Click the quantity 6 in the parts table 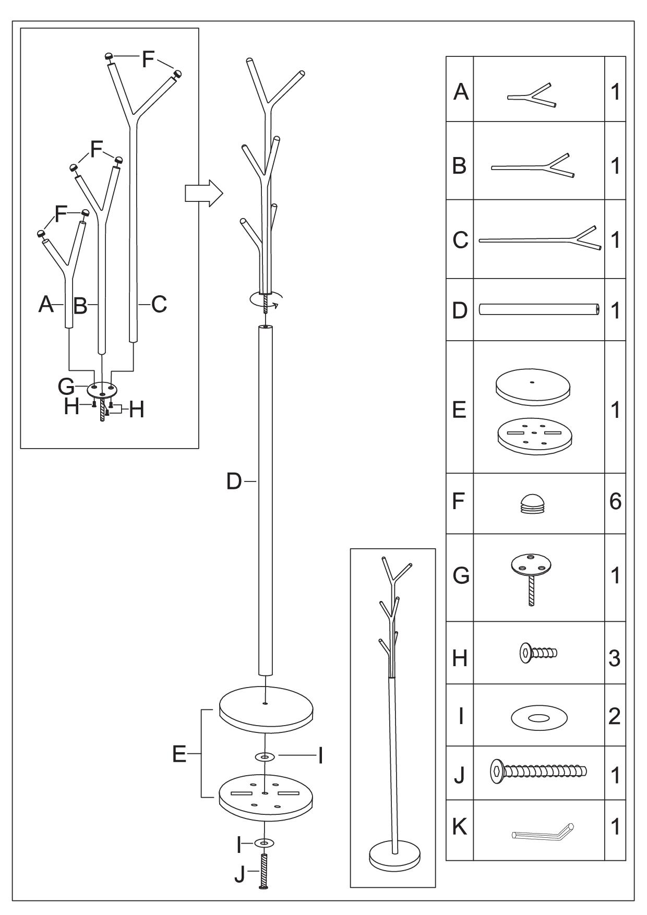(615, 502)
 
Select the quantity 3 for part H (615, 658)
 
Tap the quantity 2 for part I (615, 717)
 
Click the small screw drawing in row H (538, 653)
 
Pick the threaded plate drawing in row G (531, 580)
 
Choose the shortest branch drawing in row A (532, 95)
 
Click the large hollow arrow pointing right (204, 194)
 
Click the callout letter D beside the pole (234, 481)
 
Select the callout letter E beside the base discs (179, 754)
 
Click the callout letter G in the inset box (66, 387)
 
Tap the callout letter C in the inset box (159, 304)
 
